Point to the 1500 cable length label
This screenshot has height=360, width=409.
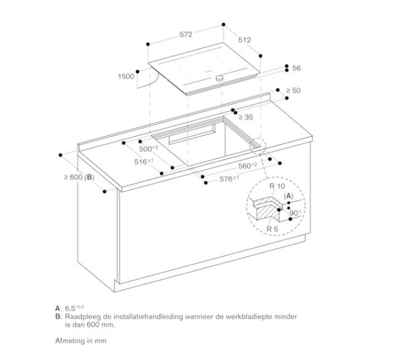[126, 77]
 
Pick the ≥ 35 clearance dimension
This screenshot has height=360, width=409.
[246, 117]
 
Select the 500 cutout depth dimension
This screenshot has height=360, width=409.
[148, 149]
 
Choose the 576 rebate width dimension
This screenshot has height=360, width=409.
[229, 179]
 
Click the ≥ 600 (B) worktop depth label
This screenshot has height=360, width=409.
[77, 178]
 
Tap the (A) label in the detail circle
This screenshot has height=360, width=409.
[288, 195]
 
